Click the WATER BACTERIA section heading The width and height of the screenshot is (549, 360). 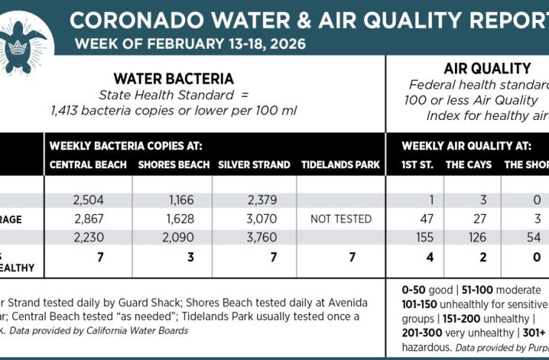click(x=173, y=79)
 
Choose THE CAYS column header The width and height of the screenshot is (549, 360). click(x=468, y=164)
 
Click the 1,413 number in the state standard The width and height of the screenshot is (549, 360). click(x=66, y=110)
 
